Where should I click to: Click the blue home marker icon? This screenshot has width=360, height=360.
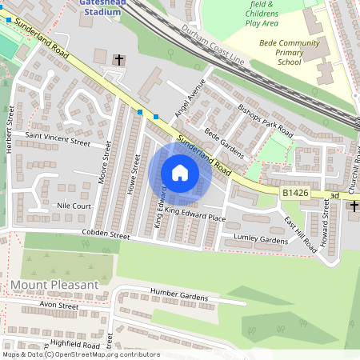(x=180, y=173)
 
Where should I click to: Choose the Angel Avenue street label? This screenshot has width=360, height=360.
(x=191, y=98)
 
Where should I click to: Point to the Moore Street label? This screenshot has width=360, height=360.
(x=102, y=163)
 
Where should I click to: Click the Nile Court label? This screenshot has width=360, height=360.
(x=75, y=206)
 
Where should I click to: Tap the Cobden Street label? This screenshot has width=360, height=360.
(x=105, y=235)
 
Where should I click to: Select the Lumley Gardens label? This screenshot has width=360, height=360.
(x=260, y=239)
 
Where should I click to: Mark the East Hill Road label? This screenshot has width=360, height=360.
(x=300, y=235)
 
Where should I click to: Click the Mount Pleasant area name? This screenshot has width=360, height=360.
(x=54, y=284)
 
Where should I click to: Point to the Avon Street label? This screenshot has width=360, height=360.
(x=57, y=305)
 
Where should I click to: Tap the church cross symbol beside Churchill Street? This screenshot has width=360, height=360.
(x=353, y=207)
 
